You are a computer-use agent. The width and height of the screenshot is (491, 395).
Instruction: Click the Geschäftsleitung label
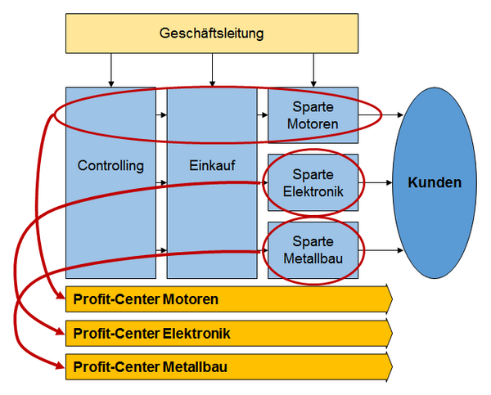tap(212, 34)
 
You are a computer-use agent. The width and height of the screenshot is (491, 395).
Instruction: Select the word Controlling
tap(110, 165)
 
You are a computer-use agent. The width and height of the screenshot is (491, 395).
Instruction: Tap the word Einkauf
tap(212, 165)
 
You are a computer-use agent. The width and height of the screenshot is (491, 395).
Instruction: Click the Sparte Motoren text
tap(313, 115)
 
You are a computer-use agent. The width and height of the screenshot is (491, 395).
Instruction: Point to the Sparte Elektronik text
tap(313, 183)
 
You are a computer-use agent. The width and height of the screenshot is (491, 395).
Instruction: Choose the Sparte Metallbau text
tap(313, 250)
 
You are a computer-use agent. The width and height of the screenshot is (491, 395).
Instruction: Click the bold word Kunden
tap(435, 182)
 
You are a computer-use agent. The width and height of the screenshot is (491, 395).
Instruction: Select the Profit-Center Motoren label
tap(146, 299)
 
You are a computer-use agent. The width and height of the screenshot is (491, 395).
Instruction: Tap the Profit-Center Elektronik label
tap(151, 334)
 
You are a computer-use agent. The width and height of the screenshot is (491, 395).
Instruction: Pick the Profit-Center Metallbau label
tap(150, 367)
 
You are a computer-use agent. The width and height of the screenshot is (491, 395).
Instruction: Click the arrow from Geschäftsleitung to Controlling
tap(110, 70)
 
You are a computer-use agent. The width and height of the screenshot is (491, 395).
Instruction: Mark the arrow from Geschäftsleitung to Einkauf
tap(212, 70)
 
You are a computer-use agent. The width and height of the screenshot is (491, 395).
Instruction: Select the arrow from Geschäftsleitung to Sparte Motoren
tap(313, 70)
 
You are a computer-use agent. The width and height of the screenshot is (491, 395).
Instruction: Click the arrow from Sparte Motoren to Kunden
tap(381, 114)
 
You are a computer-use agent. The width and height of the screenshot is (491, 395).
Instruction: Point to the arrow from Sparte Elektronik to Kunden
tap(375, 182)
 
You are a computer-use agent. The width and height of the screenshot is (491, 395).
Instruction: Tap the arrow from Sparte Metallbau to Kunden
tap(381, 250)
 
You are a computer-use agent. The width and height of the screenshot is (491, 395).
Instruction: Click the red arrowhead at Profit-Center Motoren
tap(60, 295)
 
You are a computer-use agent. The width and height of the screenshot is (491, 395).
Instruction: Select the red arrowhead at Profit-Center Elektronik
tap(60, 330)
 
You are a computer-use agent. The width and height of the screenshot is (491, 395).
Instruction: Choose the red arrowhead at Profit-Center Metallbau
tap(60, 365)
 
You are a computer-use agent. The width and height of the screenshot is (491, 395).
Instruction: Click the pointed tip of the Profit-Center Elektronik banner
tap(392, 333)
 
